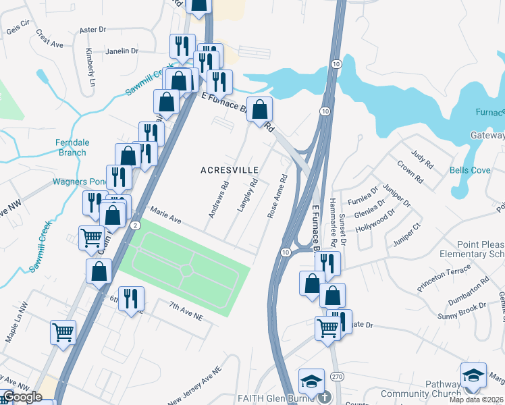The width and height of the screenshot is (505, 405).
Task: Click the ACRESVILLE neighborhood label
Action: tap(230, 170)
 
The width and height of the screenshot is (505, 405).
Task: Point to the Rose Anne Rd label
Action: tap(277, 197)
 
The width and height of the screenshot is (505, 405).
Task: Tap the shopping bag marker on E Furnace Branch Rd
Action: tap(259, 109)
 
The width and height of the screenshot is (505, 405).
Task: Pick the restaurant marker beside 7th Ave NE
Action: tap(131, 298)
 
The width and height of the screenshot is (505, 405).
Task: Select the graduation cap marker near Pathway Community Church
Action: tap(473, 375)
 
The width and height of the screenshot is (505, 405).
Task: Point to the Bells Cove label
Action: tap(471, 170)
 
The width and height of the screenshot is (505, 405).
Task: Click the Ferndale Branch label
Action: tap(71, 147)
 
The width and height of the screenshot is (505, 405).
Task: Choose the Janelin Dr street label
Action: tap(122, 51)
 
